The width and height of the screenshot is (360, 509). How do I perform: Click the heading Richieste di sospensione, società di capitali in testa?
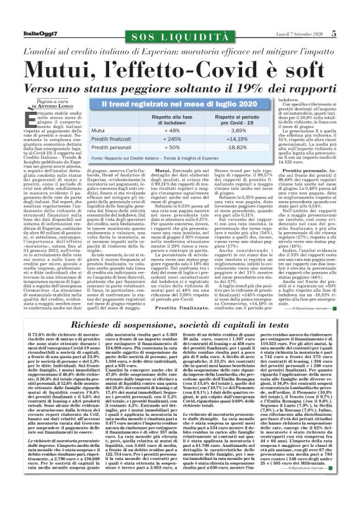pyautogui.click(x=180, y=308)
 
